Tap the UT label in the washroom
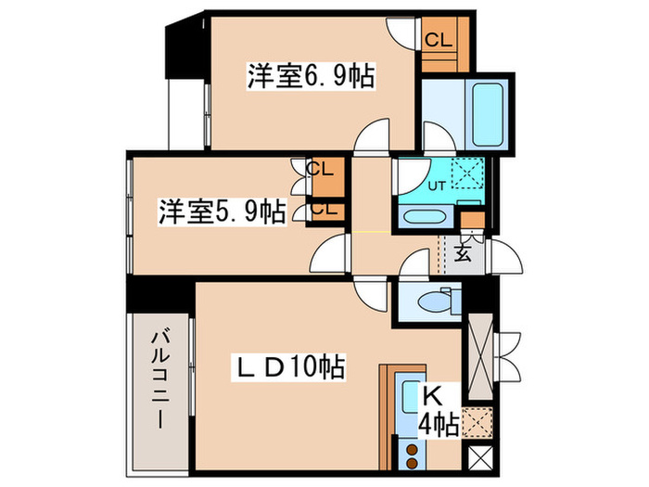pyautogui.click(x=436, y=184)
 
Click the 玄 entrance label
pyautogui.click(x=465, y=251)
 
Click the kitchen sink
pyautogui.click(x=409, y=400)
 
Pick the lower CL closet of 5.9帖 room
pyautogui.click(x=324, y=210)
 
